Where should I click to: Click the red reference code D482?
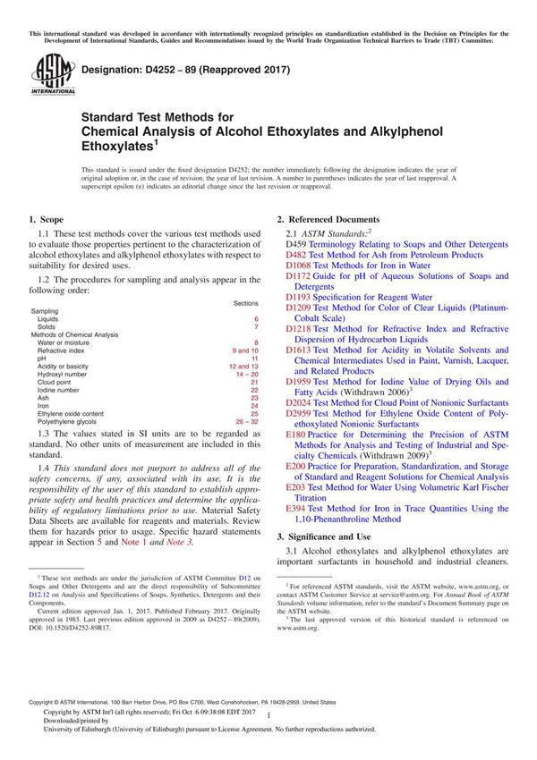tap(295, 255)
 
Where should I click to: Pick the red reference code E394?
tap(295, 508)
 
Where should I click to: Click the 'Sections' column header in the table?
tap(245, 304)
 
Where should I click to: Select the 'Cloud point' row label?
tap(56, 382)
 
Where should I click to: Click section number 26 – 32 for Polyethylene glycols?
tap(245, 421)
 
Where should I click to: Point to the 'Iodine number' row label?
tap(59, 390)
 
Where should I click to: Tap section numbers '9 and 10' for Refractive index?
tap(245, 350)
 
